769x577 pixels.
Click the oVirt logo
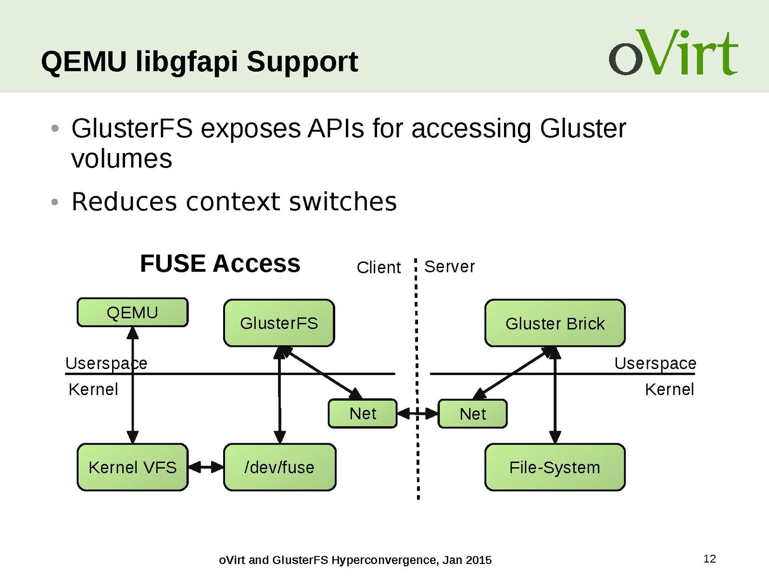pos(673,53)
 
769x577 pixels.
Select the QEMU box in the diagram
pos(132,312)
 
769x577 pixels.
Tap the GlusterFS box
pos(279,323)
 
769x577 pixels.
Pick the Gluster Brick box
pos(555,323)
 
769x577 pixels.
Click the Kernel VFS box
pos(132,467)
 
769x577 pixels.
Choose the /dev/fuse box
pos(279,467)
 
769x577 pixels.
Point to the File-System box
pos(555,467)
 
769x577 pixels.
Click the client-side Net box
pos(363,413)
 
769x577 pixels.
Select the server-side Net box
pos(472,414)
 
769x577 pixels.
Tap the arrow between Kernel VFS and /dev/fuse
pos(206,467)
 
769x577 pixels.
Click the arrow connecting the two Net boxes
pos(417,413)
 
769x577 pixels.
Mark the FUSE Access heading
pos(220,264)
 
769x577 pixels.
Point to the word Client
pos(378,268)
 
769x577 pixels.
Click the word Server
pos(449,267)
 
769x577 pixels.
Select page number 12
pos(709,559)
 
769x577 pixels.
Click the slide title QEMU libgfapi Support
pos(199,62)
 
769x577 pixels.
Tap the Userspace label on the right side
pos(655,363)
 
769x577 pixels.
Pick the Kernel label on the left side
pos(93,389)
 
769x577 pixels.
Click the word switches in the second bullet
pos(342,202)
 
